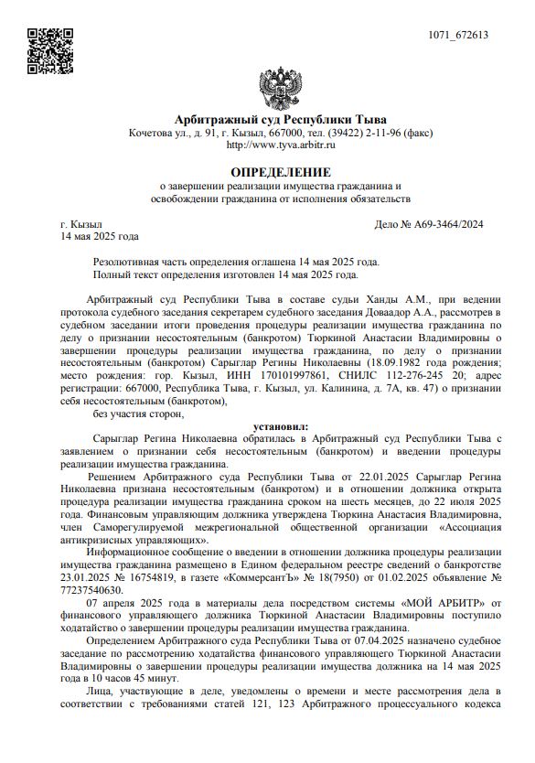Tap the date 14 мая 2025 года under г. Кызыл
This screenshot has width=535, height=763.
(x=100, y=237)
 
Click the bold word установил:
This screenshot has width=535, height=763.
(x=281, y=426)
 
